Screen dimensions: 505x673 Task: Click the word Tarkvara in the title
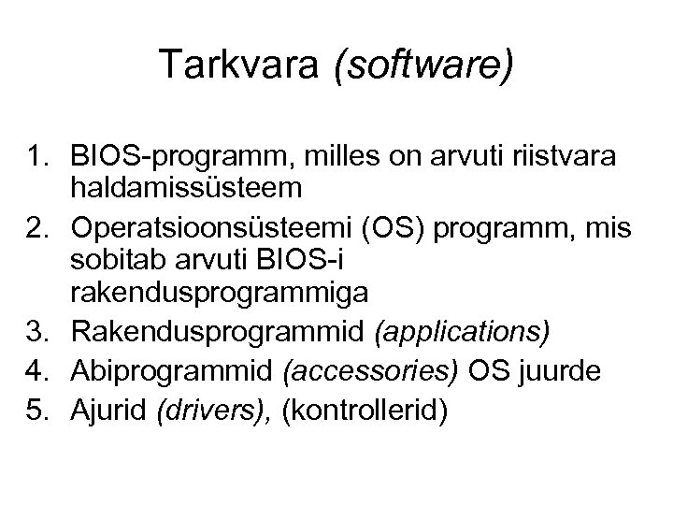point(242,65)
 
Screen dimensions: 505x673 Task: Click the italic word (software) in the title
point(420,66)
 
